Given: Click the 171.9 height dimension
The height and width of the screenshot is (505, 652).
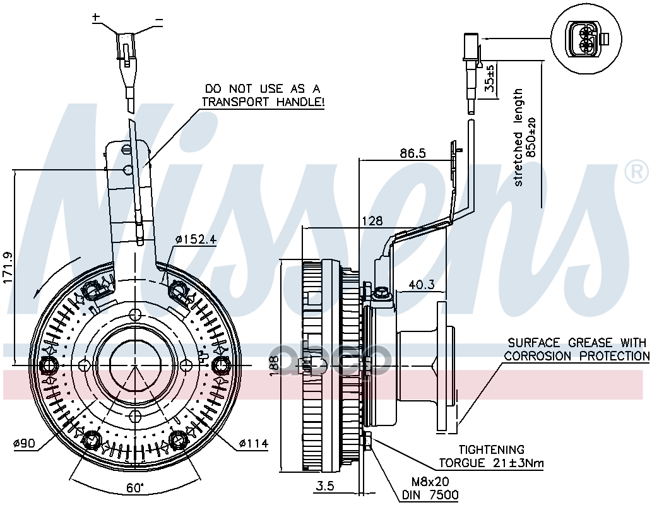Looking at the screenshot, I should pyautogui.click(x=8, y=268).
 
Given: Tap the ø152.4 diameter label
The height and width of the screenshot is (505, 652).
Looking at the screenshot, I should pyautogui.click(x=196, y=240).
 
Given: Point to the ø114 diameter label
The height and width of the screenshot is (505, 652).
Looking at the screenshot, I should pyautogui.click(x=253, y=444).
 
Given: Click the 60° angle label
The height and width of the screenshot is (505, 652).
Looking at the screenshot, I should pyautogui.click(x=135, y=487).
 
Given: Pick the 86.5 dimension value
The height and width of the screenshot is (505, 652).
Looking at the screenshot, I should pyautogui.click(x=412, y=153).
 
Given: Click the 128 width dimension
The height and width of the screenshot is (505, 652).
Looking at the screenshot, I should pyautogui.click(x=372, y=221).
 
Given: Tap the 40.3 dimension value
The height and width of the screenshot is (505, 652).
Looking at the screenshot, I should pyautogui.click(x=422, y=285).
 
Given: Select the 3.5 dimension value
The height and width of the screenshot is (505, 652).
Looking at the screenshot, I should pyautogui.click(x=326, y=486).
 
